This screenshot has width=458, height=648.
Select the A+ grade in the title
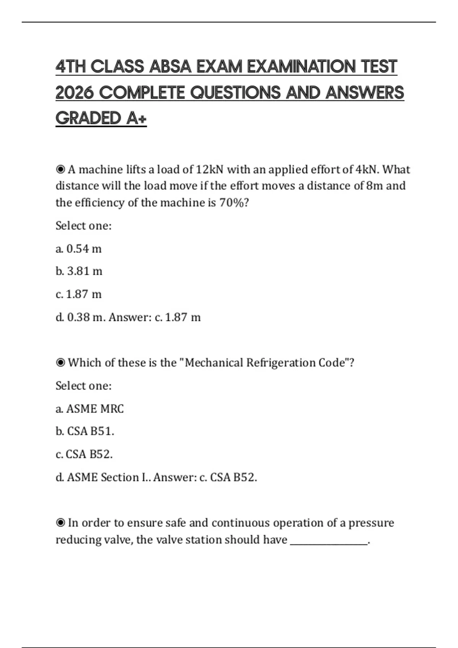[136, 118]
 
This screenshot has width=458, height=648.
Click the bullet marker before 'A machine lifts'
[60, 169]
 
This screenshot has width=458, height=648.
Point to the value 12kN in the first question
[209, 169]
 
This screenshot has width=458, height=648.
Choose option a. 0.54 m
[79, 249]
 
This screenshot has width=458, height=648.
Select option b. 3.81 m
[79, 271]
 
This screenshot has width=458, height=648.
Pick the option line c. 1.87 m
[79, 294]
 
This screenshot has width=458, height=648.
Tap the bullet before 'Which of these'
[60, 362]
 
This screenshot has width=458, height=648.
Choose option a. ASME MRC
[90, 409]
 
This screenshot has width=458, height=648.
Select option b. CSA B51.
[85, 431]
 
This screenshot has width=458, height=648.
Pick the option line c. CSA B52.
[84, 454]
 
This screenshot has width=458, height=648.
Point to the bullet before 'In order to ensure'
[60, 523]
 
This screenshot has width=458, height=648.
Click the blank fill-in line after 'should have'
[329, 543]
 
